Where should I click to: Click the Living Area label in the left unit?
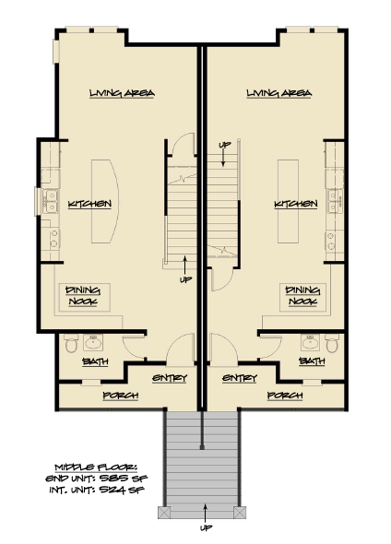tap(121, 94)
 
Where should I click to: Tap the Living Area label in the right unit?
tap(279, 94)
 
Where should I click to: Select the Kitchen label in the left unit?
tap(90, 203)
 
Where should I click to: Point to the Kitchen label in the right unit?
tap(296, 203)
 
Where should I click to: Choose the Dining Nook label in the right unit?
tap(302, 295)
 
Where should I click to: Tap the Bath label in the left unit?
tap(94, 361)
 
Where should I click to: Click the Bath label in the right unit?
tap(312, 361)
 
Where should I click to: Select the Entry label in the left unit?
tap(169, 378)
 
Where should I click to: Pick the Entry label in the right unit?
tap(239, 378)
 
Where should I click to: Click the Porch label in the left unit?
tap(121, 396)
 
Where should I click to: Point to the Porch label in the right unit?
tap(285, 396)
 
